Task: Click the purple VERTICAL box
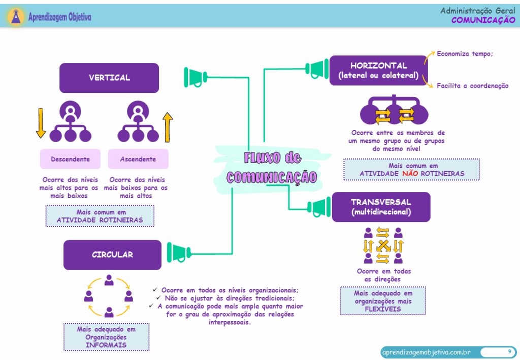tap(109, 78)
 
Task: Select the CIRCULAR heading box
tap(112, 255)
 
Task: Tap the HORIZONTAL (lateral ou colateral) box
tap(378, 71)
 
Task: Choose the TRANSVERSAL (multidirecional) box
tap(381, 207)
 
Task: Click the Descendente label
tap(70, 159)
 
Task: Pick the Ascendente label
tap(138, 159)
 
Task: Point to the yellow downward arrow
tap(41, 123)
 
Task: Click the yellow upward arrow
tap(168, 127)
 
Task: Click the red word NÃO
tap(409, 174)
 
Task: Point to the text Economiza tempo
tap(465, 54)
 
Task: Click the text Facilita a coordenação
tap(472, 86)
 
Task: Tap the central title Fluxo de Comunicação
tap(272, 167)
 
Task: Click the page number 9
tap(509, 351)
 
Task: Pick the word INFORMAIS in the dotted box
tap(106, 345)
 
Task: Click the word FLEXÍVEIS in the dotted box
tap(382, 309)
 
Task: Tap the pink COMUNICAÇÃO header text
tap(483, 20)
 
